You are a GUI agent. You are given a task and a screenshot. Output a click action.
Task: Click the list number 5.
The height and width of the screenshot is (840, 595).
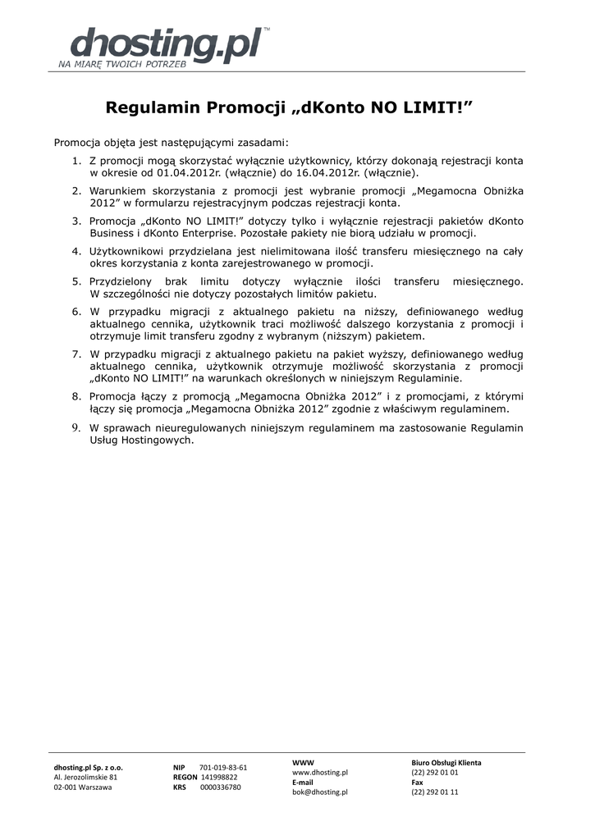tap(75, 281)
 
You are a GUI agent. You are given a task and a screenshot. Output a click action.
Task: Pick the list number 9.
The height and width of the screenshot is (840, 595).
tap(75, 427)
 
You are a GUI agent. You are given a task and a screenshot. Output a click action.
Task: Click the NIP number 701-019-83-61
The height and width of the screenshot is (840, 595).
tap(223, 768)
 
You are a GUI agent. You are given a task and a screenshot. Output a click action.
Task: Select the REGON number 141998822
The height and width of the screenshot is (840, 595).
tap(219, 777)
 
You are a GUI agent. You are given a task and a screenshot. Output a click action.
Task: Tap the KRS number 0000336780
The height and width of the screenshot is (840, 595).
tap(221, 787)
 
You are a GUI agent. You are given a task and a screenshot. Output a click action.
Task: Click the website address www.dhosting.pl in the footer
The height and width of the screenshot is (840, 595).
tap(320, 773)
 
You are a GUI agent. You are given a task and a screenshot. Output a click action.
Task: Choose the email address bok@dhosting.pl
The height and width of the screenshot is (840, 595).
tap(320, 792)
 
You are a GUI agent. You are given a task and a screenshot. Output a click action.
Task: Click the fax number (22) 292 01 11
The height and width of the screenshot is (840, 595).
tap(435, 792)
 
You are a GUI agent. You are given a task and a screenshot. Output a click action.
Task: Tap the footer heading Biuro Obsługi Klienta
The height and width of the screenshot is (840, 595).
tap(446, 763)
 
